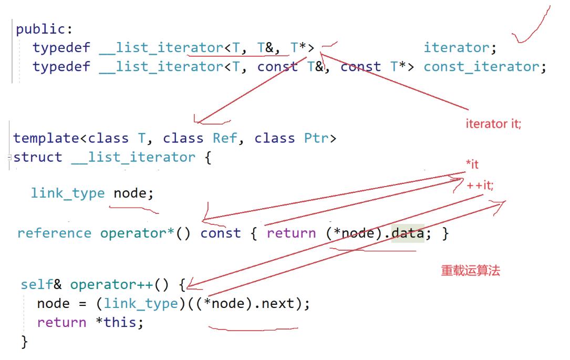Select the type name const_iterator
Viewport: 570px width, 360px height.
click(x=484, y=67)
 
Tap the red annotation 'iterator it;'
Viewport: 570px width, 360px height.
click(x=493, y=124)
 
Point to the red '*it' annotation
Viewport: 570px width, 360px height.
click(x=472, y=164)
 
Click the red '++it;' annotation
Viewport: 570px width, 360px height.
click(x=480, y=185)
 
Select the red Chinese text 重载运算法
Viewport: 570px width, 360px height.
click(x=470, y=271)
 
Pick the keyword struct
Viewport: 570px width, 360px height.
click(x=37, y=157)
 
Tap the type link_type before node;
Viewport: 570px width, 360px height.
click(x=68, y=193)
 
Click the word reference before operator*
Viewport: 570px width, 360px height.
click(x=54, y=233)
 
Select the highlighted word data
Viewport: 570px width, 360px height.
click(x=408, y=233)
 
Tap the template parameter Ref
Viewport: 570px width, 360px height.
click(x=225, y=138)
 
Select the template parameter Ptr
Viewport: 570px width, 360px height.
click(x=317, y=138)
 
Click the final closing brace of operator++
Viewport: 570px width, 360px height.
click(x=24, y=342)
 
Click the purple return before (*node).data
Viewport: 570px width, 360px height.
click(x=291, y=233)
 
